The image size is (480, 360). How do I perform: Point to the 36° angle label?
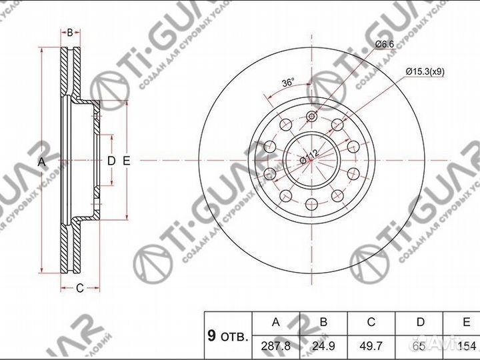288,83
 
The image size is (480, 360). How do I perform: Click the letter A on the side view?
41,161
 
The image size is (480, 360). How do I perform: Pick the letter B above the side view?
69,32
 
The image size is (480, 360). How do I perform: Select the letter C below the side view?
79,288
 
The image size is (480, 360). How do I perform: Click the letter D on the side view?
111,161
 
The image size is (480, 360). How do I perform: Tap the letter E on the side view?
125,161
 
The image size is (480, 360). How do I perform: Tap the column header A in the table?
275,323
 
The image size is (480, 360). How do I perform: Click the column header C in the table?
372,323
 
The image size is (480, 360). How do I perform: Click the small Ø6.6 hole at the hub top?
310,118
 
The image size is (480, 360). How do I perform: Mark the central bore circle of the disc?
310,161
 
